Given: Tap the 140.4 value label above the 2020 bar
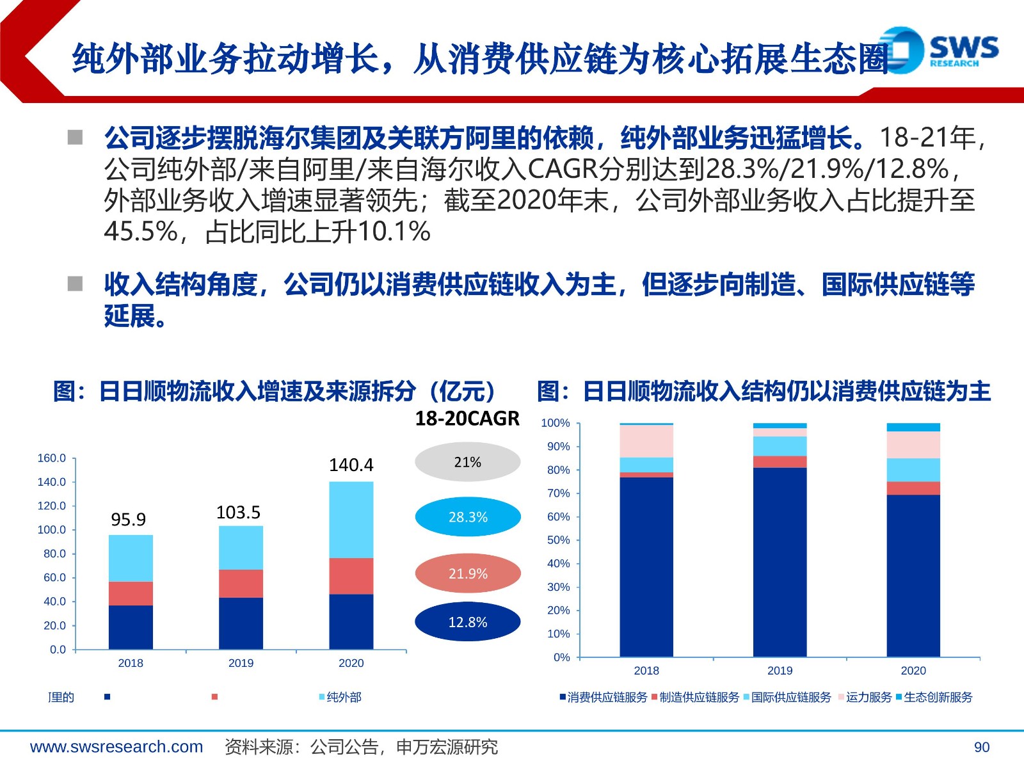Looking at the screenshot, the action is coord(351,465).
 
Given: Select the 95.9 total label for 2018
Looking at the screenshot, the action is coord(128,519).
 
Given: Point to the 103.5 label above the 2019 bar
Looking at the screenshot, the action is coord(238,512).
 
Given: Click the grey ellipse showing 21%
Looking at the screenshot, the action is coord(467,461).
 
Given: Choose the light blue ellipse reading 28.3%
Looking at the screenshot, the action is coord(467,516).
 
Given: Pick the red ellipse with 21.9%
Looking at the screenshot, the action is coord(467,573).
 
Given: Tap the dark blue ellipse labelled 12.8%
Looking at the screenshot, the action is coord(467,621).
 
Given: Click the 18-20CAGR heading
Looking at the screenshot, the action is coord(467,419).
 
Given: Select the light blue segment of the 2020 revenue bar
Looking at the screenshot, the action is coord(351,520).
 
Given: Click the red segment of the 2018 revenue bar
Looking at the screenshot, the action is coord(131,593).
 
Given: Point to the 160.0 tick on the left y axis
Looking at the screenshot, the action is coord(52,458).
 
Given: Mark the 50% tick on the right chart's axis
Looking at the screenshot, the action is coord(559,540).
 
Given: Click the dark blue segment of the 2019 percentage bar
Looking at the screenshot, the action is coord(780,563).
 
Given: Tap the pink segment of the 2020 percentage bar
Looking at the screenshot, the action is coord(913,445).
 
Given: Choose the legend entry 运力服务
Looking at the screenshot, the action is coord(865,697).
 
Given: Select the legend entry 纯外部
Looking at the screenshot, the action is coord(340,697).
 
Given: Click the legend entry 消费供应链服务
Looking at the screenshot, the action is coord(604,697).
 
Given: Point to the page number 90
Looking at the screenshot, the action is coord(982,747).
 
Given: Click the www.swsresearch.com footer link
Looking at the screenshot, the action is coord(116,746).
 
